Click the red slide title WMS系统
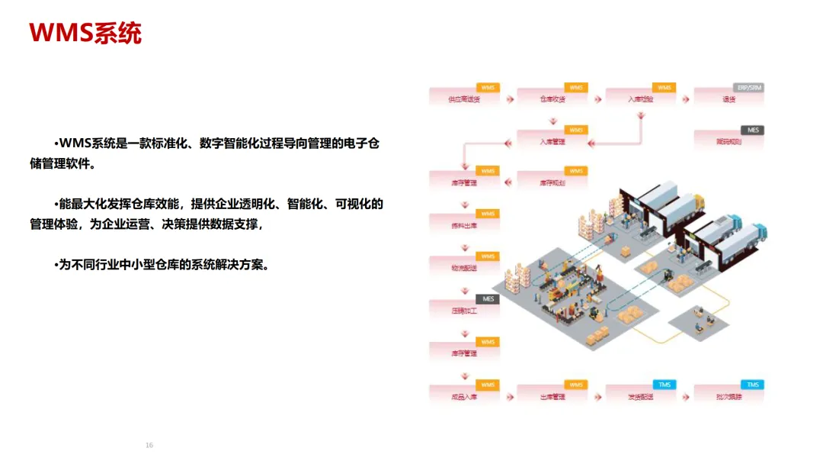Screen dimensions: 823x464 [85, 33]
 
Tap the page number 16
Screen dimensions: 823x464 [149, 445]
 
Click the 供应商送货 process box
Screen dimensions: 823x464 [464, 98]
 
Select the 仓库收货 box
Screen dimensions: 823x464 [552, 98]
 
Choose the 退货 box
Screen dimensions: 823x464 [729, 98]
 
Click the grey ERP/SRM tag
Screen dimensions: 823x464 [748, 88]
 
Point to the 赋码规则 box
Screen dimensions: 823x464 [729, 140]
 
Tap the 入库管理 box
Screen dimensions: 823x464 [552, 140]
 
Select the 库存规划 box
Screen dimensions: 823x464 [552, 182]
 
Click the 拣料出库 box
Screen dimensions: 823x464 [464, 224]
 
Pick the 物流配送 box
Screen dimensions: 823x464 [464, 267]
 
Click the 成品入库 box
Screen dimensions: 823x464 [464, 395]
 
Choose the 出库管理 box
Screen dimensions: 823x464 [552, 395]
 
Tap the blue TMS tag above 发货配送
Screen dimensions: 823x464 [664, 385]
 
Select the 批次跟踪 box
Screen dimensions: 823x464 [729, 395]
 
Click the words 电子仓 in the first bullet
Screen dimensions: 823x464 [362, 143]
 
